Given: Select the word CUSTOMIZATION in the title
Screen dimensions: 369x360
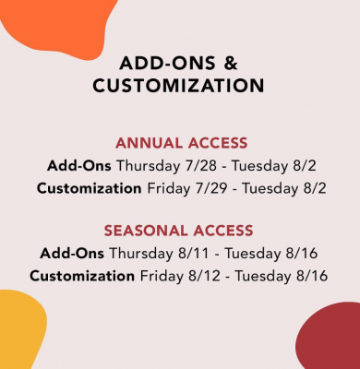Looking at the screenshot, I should (180, 86).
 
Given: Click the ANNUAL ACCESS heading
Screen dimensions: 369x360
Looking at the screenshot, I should (180, 144).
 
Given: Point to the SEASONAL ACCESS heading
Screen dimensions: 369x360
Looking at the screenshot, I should (180, 231).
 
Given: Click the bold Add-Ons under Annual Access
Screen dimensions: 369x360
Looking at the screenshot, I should (78, 167).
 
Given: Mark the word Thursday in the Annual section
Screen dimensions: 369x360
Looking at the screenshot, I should (145, 167).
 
